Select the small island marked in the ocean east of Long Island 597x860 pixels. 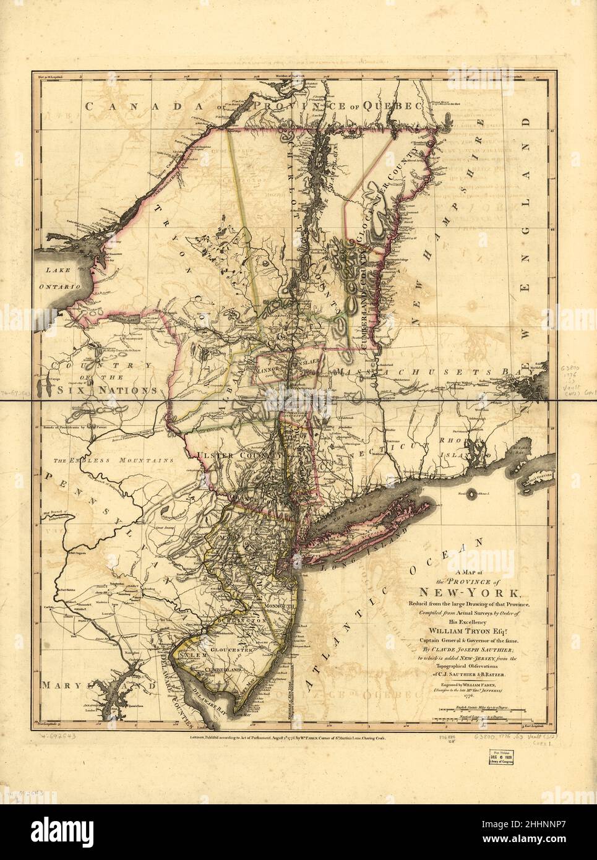point(473,493)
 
